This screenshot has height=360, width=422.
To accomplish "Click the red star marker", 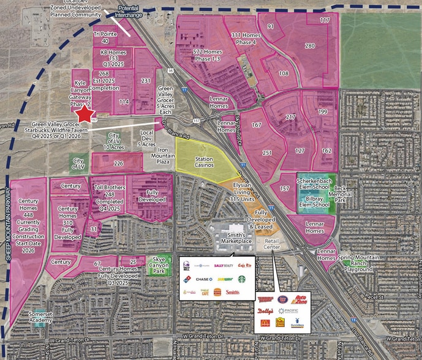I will tap(84, 114).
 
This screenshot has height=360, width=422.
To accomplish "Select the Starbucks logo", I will tap(241, 279).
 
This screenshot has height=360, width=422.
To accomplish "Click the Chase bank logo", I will tap(206, 279).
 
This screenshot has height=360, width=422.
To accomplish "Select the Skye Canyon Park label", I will tap(161, 264).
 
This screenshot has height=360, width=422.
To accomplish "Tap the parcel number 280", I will tap(310, 46).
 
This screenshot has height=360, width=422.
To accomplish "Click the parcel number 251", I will tap(267, 152).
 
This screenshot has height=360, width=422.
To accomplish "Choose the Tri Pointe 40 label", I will tap(105, 37).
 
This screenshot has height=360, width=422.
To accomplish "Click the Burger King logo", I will tap(215, 292).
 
